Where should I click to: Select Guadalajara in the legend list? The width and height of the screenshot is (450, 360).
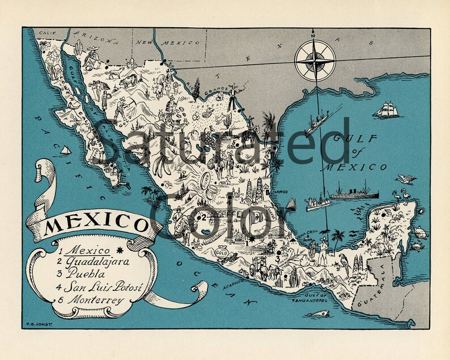(x=97, y=262)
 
